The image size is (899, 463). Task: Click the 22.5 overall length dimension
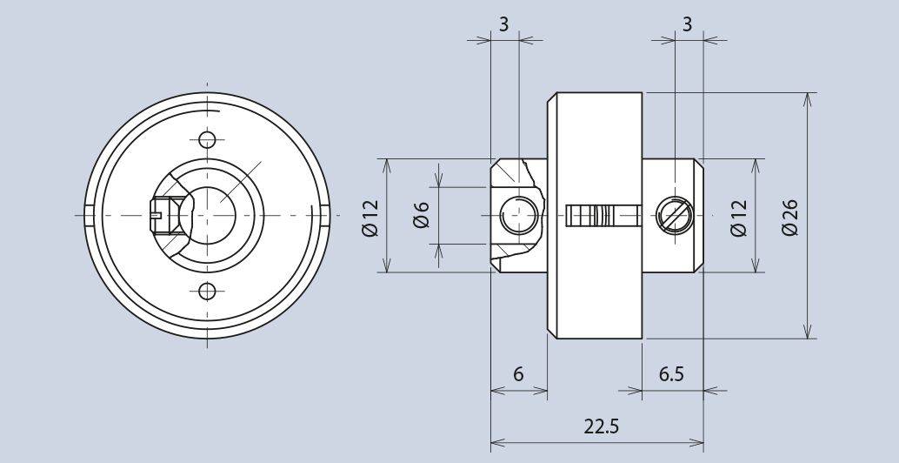[x=596, y=426]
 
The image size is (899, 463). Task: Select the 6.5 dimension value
[x=670, y=374]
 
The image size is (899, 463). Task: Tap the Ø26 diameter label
[x=789, y=215]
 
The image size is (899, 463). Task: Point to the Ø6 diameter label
[x=422, y=215]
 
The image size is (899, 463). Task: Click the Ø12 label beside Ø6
[x=370, y=216]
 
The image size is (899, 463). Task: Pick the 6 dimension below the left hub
[x=518, y=374]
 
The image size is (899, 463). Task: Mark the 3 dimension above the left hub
[x=503, y=24]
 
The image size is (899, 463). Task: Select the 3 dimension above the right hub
[x=688, y=24]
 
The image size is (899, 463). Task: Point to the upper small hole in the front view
[x=207, y=139]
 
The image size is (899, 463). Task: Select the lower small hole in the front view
[x=207, y=290]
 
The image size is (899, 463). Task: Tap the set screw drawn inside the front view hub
[x=163, y=214]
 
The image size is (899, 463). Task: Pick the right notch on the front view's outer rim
[x=323, y=214]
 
